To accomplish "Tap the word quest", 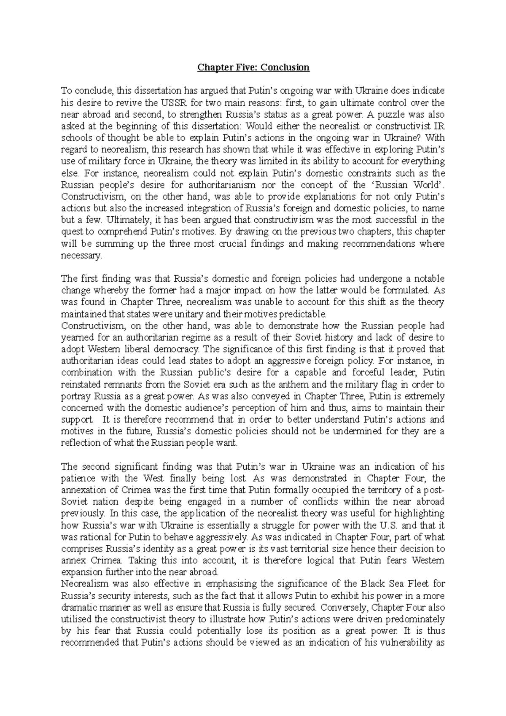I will pos(70,231).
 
